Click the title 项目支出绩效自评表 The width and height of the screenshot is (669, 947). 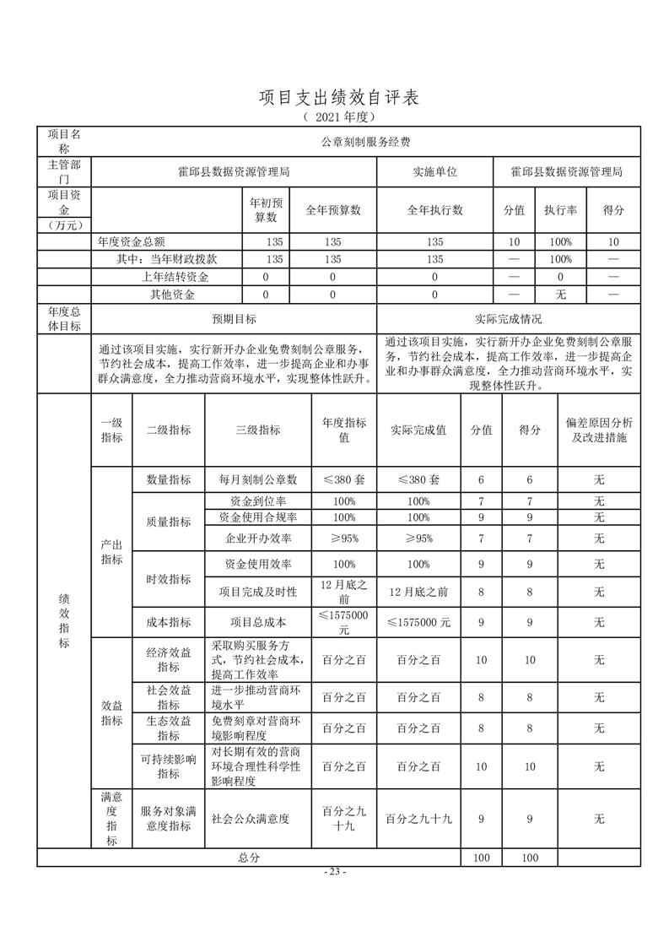[x=338, y=98]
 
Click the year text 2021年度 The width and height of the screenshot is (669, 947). [x=338, y=116]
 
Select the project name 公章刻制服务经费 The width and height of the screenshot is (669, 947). [x=365, y=142]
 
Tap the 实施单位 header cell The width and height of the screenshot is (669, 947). [x=434, y=171]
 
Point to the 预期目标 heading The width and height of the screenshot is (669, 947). [x=234, y=319]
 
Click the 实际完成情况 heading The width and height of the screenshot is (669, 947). [x=509, y=319]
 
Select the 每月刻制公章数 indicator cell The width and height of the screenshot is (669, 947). [x=258, y=479]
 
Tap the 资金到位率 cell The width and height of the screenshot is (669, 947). [x=258, y=501]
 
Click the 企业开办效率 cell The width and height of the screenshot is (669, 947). [x=258, y=538]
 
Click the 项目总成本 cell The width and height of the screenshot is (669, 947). [x=258, y=622]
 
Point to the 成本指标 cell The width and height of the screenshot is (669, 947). [x=169, y=622]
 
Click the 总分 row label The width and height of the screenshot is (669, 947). [x=249, y=857]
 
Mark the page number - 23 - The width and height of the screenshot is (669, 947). [x=335, y=872]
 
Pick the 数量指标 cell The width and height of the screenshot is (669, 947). [x=169, y=479]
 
